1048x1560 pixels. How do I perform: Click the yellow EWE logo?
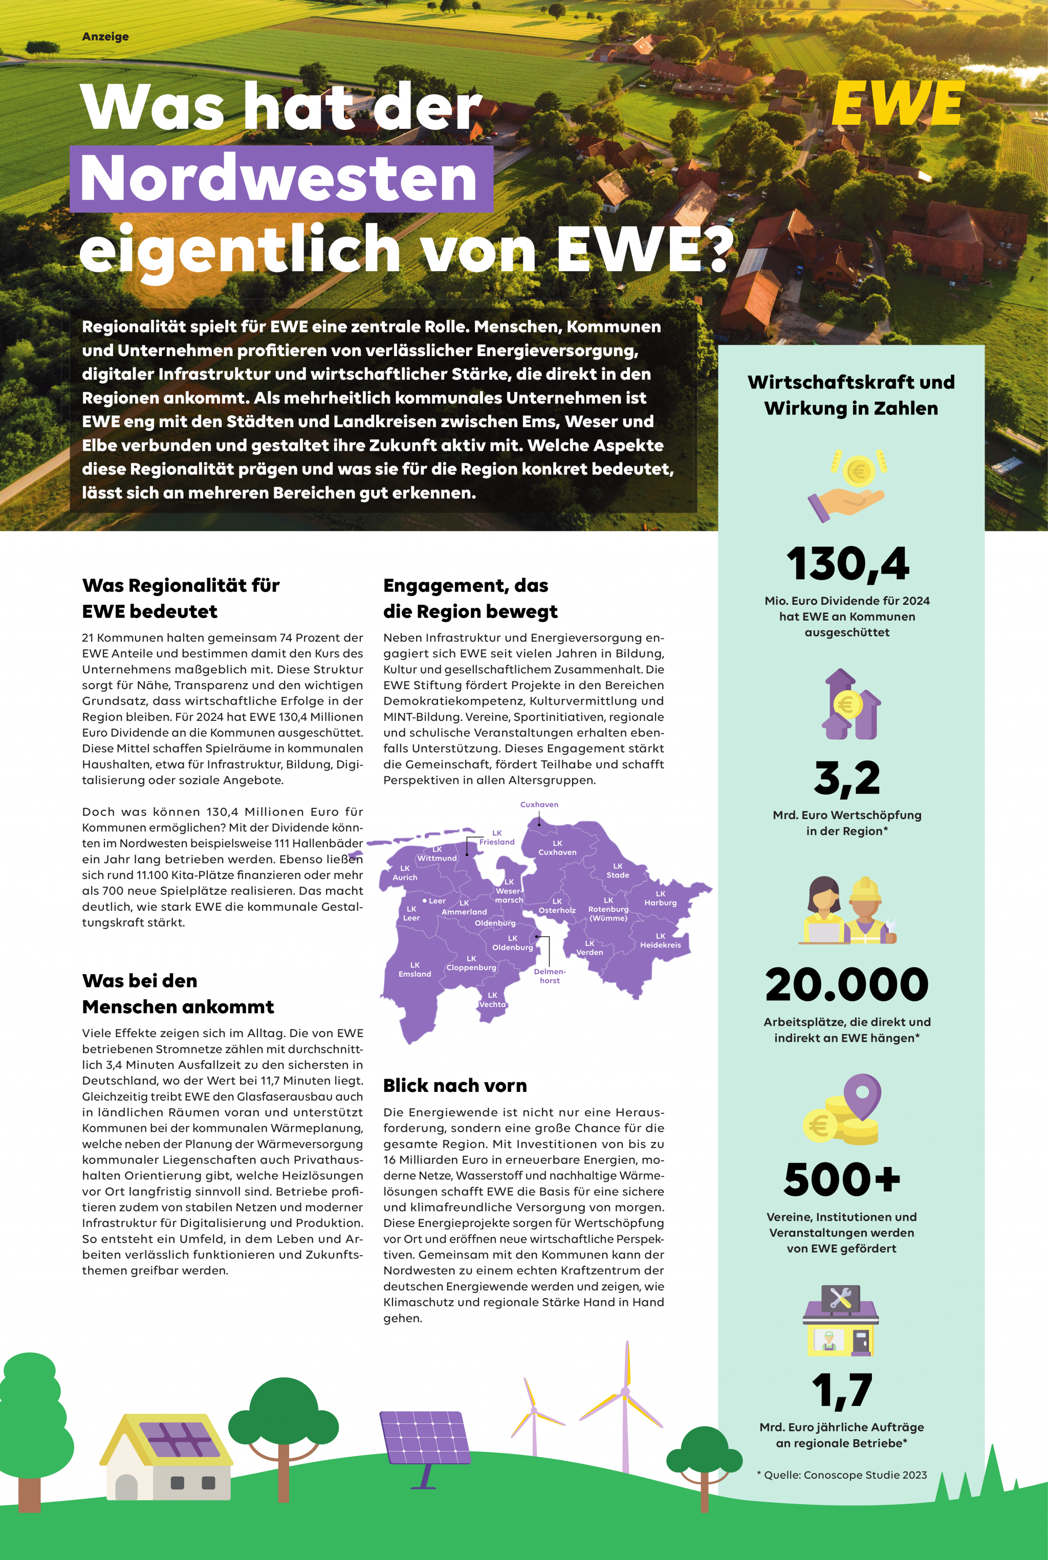click(897, 103)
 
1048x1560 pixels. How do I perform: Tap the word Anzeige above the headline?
click(105, 37)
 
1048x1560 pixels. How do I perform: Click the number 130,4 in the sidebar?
click(847, 563)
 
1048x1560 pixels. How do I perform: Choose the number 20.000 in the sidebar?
click(847, 985)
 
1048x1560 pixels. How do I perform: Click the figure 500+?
click(842, 1180)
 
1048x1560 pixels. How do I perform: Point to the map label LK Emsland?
click(415, 970)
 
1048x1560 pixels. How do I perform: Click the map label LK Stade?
click(618, 870)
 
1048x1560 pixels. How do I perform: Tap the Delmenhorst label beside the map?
click(550, 976)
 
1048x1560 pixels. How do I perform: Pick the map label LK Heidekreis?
click(660, 941)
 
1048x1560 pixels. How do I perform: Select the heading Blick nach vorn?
click(455, 1086)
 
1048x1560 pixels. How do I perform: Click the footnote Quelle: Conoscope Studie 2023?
click(842, 1475)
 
